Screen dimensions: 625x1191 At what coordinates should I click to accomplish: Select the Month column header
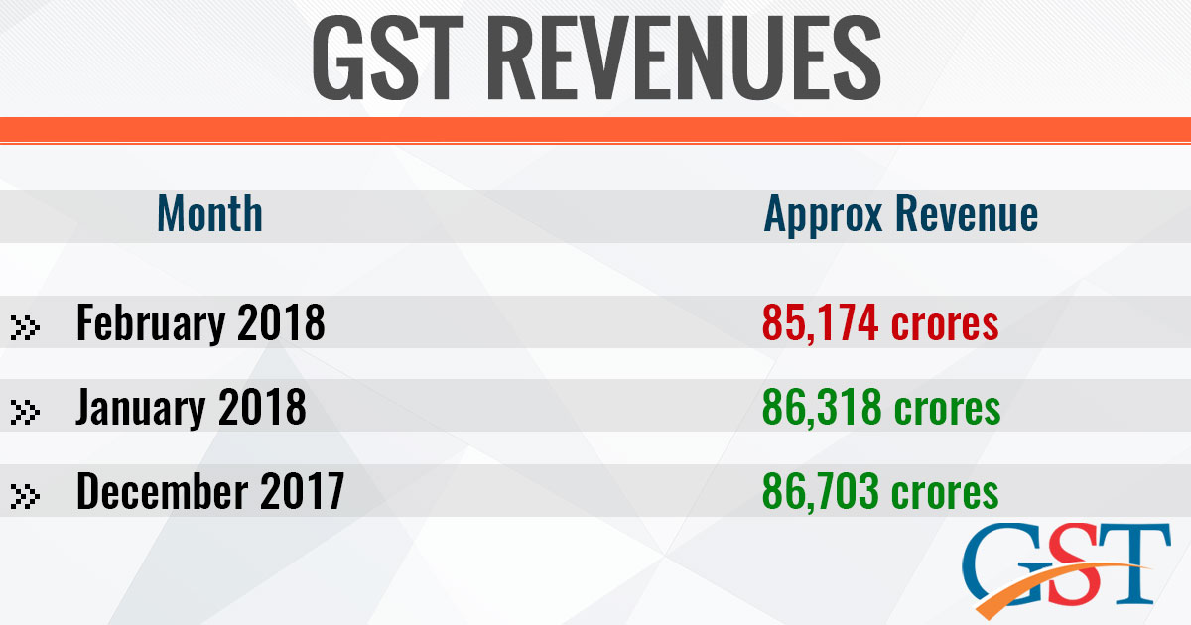point(210,214)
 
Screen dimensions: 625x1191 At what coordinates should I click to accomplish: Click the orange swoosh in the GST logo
point(1052,585)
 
